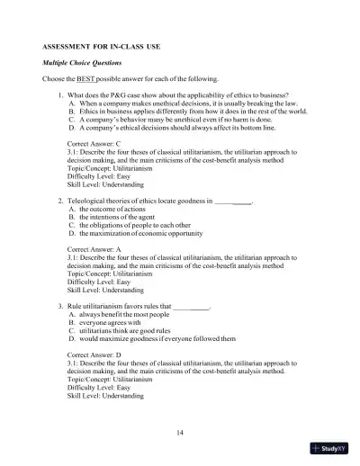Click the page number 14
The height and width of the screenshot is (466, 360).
pyautogui.click(x=180, y=434)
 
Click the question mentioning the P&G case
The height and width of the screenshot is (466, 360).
pyautogui.click(x=180, y=94)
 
